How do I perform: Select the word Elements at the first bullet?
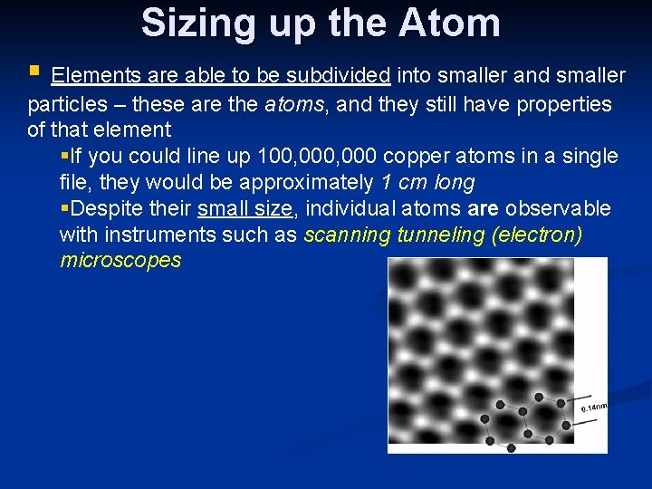tap(91, 75)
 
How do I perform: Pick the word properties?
tap(563, 104)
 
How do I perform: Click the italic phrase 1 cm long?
tap(427, 183)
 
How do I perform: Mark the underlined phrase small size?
tap(245, 209)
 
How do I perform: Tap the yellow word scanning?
tap(348, 235)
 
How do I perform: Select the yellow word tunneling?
tap(441, 235)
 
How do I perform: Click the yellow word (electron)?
tap(537, 235)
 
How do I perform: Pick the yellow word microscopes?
tap(120, 262)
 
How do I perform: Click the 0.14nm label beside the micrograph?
tap(594, 407)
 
